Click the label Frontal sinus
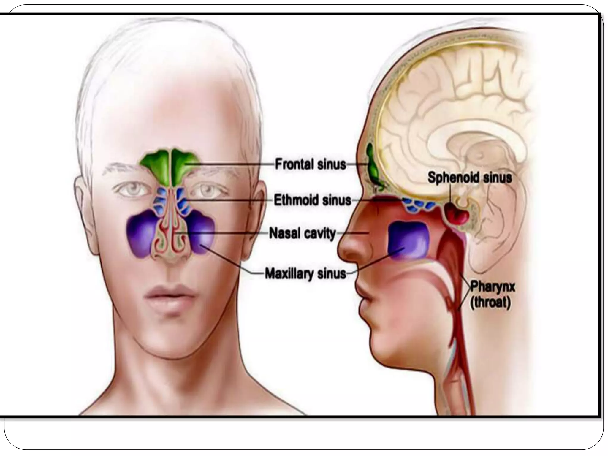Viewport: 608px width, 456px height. [x=311, y=164]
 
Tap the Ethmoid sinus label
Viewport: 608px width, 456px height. [x=312, y=200]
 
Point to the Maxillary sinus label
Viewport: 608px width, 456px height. [x=305, y=273]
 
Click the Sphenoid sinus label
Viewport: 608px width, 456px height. [x=470, y=178]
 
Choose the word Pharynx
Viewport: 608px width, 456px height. [x=493, y=288]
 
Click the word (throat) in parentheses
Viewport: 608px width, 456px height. [x=491, y=303]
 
